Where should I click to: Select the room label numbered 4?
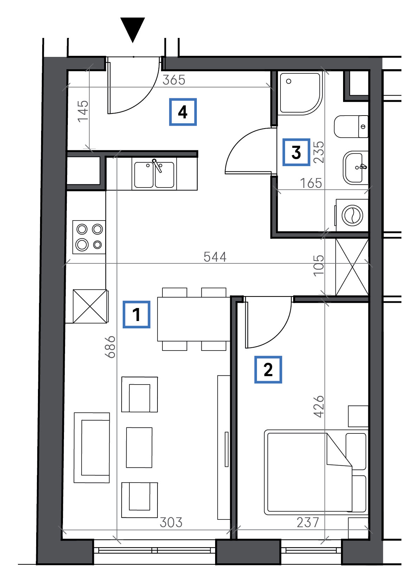183,112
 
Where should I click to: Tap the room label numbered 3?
296,152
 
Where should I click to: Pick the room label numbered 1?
136,314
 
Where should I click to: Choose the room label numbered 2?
268,369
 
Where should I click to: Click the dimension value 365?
174,80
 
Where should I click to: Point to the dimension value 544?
215,257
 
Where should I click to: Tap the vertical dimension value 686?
110,347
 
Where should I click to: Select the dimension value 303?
171,522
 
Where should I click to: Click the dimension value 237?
308,522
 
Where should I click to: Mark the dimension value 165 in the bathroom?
311,183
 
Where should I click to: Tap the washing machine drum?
352,216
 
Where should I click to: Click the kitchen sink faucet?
157,165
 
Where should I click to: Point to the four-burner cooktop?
89,237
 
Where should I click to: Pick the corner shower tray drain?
289,81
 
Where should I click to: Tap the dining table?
194,319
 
